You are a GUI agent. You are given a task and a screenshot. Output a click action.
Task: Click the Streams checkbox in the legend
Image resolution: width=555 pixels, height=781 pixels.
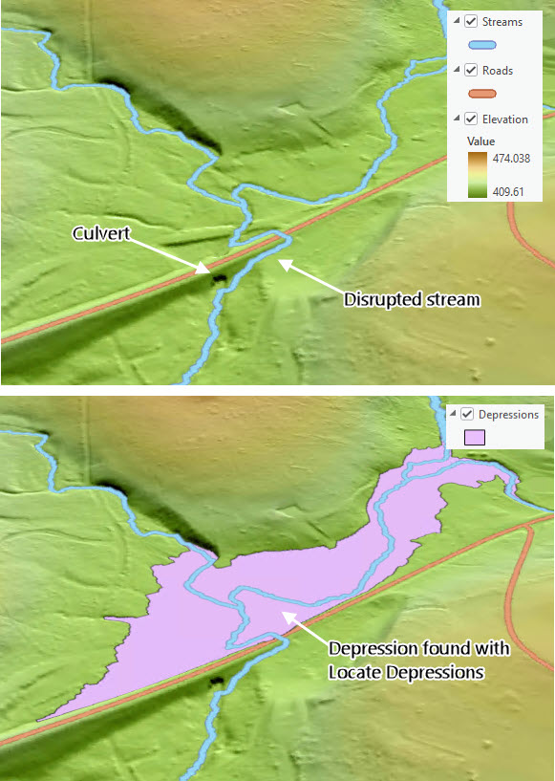[x=471, y=21]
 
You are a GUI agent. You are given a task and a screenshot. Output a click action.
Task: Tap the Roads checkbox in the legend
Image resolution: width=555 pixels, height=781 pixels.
[x=471, y=70]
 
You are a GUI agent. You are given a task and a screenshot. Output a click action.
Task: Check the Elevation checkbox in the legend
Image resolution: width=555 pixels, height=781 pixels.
[x=471, y=119]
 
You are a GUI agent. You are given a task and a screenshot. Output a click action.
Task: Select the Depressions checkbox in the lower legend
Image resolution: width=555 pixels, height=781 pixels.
[x=467, y=414]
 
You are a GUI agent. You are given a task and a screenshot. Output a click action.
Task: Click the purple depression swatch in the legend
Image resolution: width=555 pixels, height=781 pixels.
[x=475, y=438]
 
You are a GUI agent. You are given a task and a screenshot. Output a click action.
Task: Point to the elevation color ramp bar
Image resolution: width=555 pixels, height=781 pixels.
[x=474, y=174]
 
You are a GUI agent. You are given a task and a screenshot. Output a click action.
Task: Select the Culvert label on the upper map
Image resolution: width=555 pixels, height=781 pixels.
[x=100, y=232]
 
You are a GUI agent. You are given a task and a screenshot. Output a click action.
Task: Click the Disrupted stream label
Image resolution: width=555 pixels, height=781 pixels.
[x=411, y=299]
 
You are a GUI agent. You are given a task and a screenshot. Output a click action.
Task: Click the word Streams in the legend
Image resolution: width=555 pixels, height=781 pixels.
[x=502, y=21]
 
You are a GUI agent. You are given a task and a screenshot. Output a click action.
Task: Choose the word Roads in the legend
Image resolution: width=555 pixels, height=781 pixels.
[x=498, y=70]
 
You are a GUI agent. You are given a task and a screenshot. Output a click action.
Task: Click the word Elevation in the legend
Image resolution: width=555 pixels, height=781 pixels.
[x=505, y=119]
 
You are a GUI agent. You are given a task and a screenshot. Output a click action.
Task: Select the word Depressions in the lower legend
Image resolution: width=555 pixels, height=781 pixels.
[x=508, y=414]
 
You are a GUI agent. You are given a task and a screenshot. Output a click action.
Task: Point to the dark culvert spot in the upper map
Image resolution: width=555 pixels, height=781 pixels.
[x=220, y=277]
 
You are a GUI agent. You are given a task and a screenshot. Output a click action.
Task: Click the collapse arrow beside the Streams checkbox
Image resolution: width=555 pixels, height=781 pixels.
[x=456, y=21]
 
